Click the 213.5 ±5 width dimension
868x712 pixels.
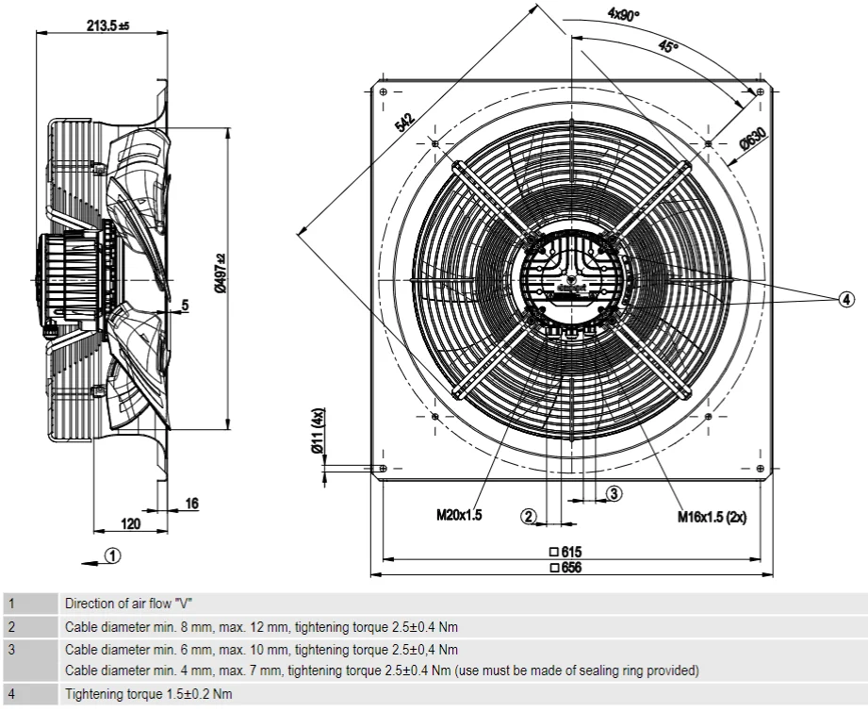tap(107, 26)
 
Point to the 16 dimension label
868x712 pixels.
tap(191, 505)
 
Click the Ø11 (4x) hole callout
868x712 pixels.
tap(319, 431)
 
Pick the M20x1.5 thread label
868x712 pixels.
tap(458, 516)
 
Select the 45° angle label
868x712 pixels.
tap(668, 46)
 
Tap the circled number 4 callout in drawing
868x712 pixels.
tap(846, 299)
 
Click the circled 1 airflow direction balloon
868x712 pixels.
tap(112, 555)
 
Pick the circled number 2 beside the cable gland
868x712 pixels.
tap(530, 516)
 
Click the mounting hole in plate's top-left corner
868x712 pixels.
tap(384, 91)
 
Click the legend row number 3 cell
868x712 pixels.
tap(11, 650)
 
